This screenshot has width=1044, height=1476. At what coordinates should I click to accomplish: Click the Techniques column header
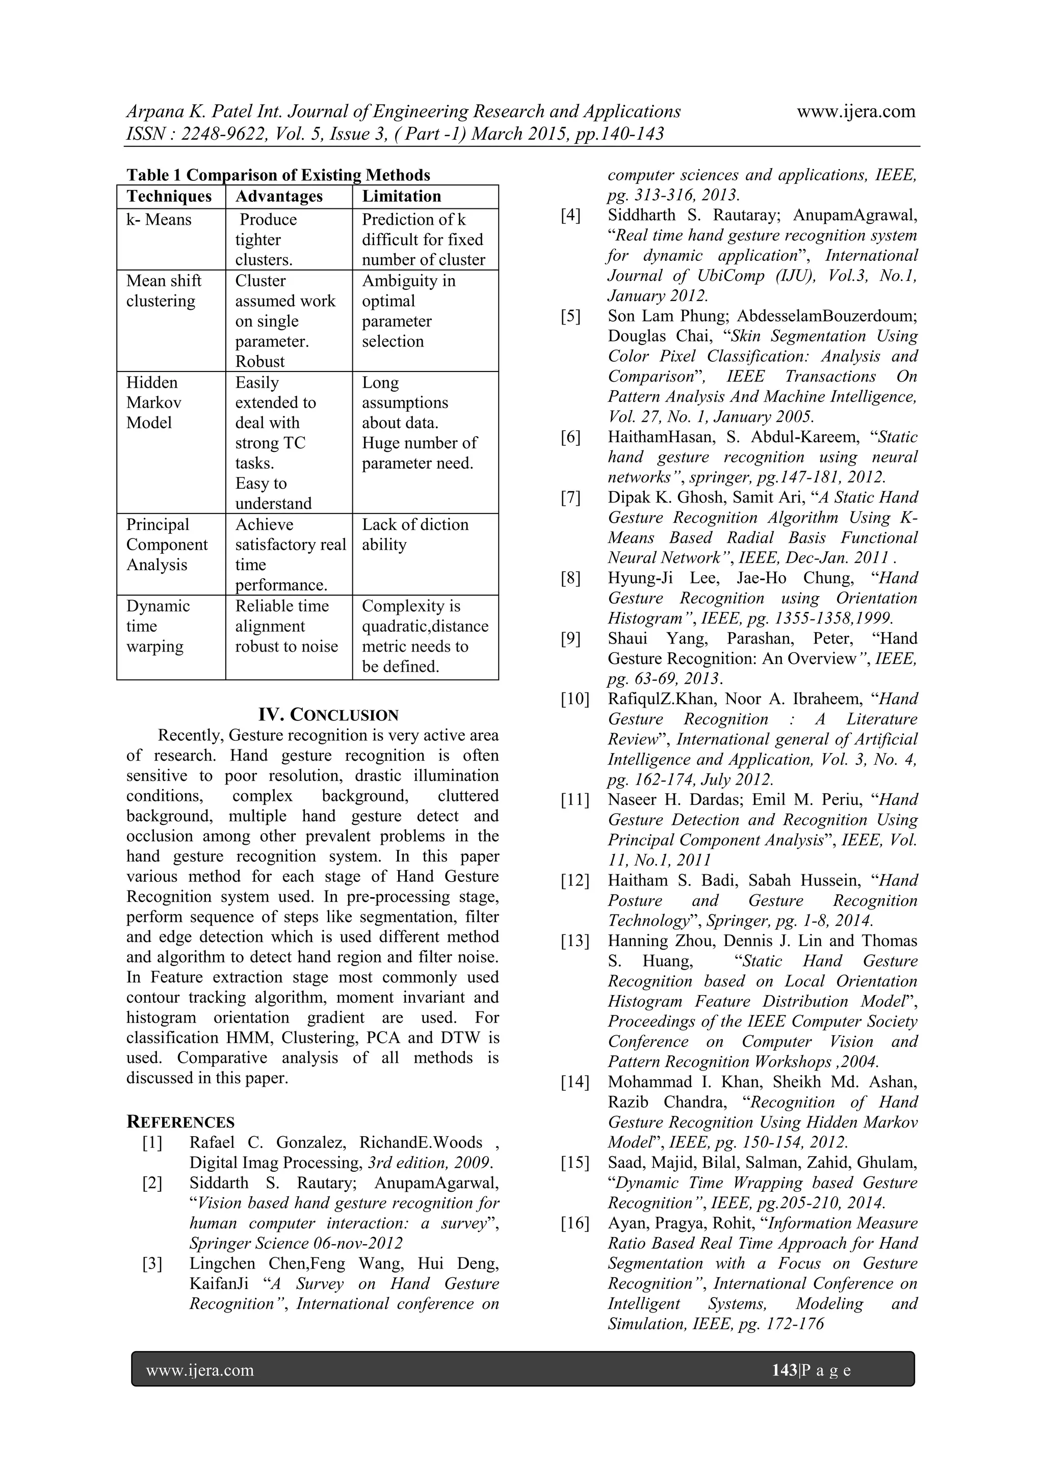tap(169, 197)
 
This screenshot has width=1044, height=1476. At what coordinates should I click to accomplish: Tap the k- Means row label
tap(159, 220)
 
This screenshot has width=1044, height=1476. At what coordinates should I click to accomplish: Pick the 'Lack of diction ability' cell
tap(415, 534)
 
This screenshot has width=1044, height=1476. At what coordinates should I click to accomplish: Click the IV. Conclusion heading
tap(328, 715)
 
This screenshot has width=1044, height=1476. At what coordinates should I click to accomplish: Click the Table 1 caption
tap(278, 175)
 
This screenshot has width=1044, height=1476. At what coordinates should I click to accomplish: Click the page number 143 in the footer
tap(784, 1370)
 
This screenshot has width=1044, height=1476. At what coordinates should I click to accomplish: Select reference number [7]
tap(570, 498)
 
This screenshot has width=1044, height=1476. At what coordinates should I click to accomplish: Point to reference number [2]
tap(152, 1183)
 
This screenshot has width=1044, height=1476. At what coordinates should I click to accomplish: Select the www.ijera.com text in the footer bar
tap(199, 1370)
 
